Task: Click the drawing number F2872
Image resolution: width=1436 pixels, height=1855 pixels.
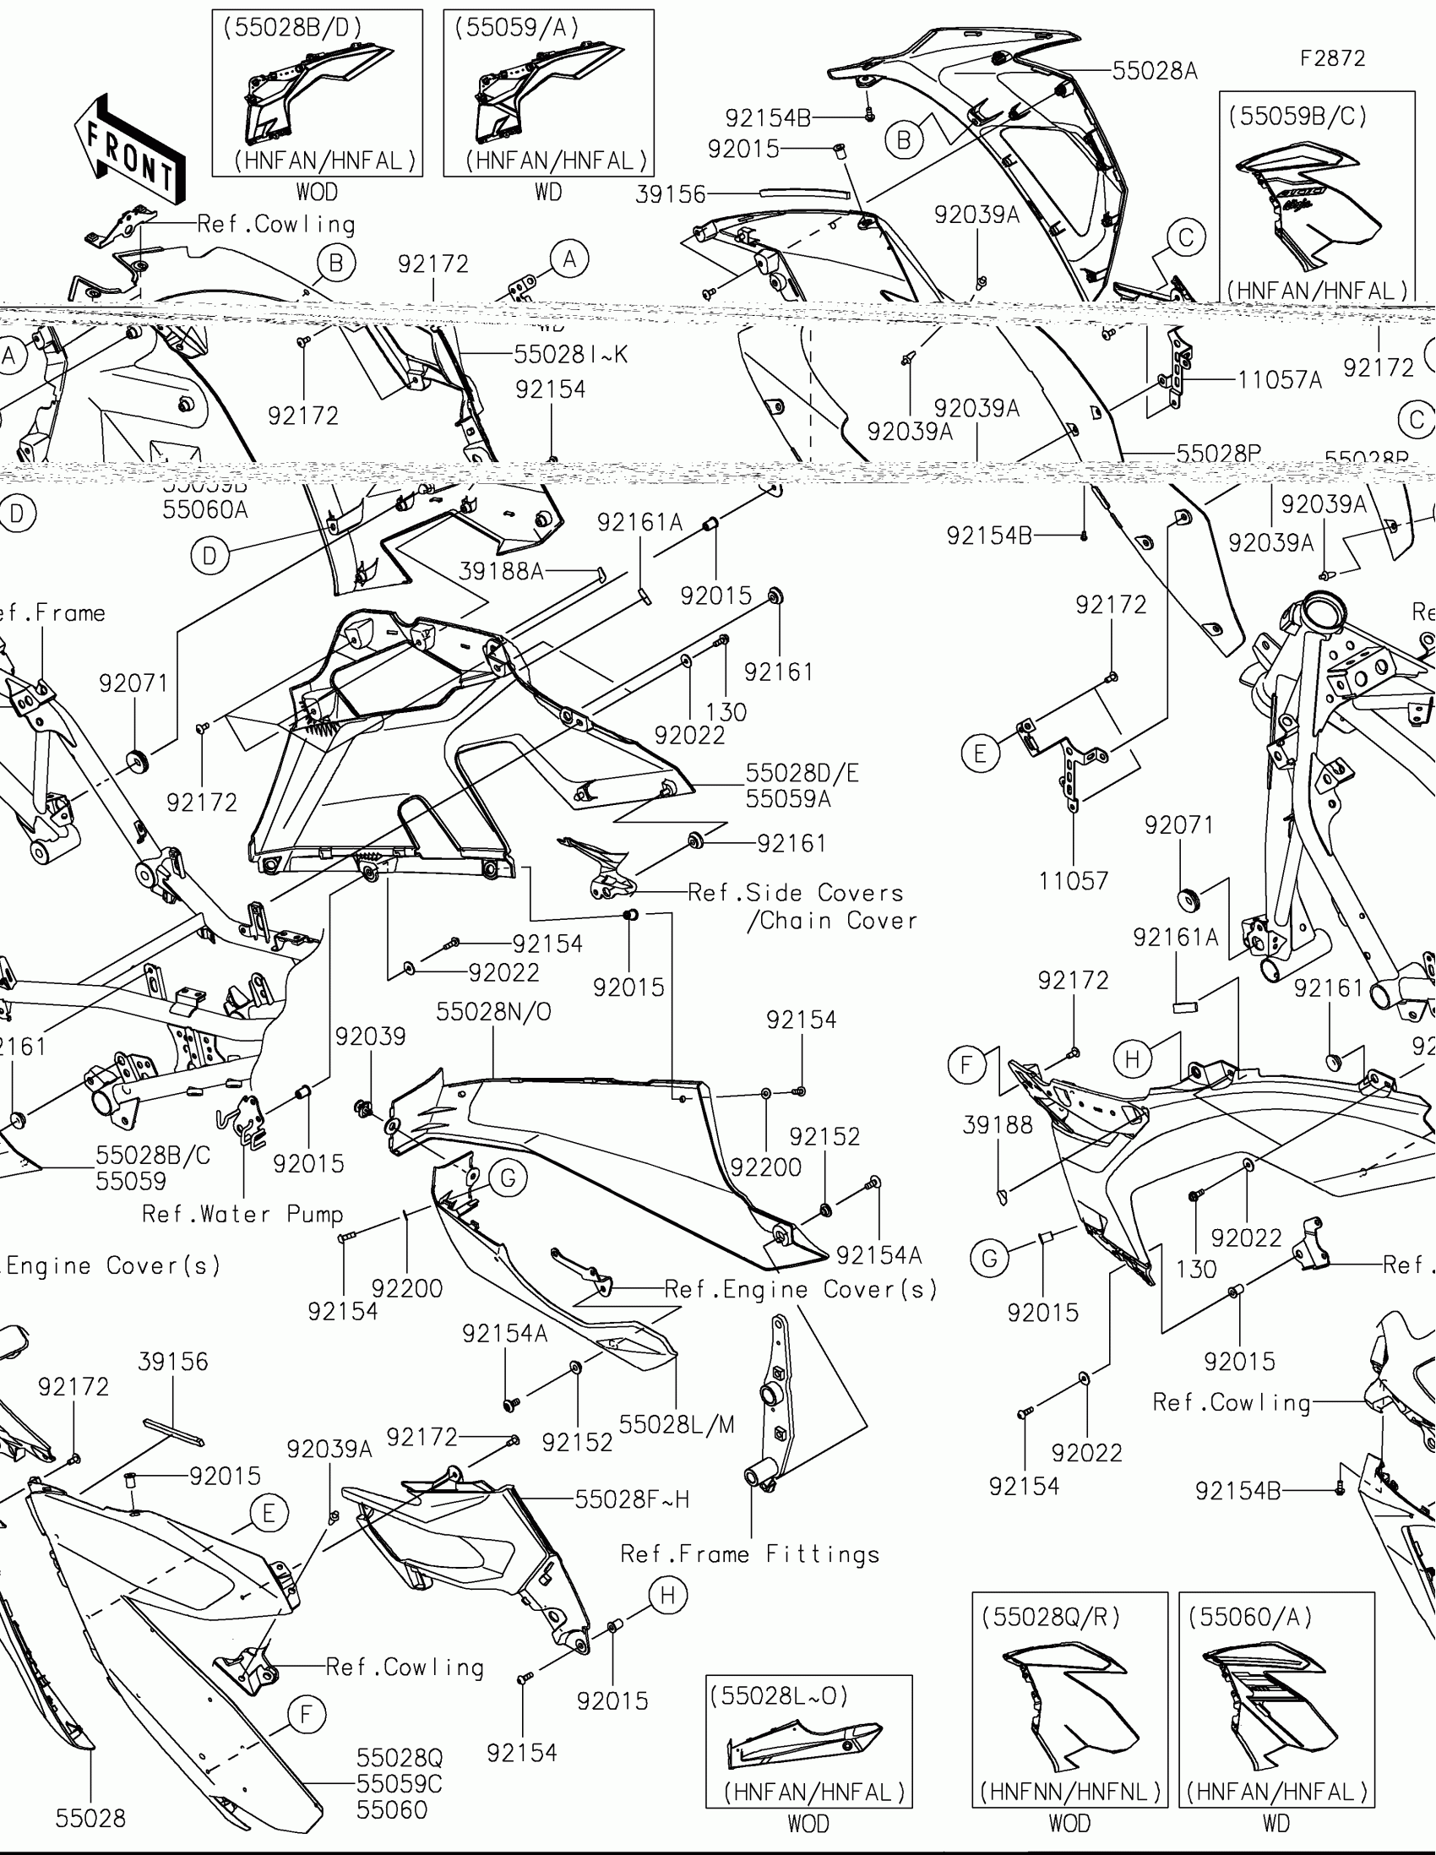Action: [x=1332, y=58]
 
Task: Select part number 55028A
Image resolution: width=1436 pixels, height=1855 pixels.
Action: [x=1154, y=71]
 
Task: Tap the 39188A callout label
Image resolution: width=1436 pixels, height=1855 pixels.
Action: [x=501, y=571]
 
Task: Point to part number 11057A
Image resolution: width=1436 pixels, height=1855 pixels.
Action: [x=1279, y=379]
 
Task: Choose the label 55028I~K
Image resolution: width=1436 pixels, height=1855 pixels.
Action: [x=571, y=354]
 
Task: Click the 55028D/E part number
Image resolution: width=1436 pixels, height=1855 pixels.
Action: [x=802, y=773]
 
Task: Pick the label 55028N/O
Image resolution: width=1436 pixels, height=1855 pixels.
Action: [x=493, y=1012]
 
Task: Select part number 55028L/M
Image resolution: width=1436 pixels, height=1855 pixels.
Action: [x=676, y=1424]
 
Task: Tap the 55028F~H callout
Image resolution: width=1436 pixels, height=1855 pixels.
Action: [x=632, y=1499]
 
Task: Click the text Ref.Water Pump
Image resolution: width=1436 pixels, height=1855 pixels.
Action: [x=242, y=1214]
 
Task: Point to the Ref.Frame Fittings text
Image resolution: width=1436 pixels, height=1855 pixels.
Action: [x=750, y=1554]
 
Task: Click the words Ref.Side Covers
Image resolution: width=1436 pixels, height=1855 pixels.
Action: [x=795, y=893]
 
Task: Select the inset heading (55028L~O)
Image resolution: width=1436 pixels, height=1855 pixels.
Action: [x=779, y=1695]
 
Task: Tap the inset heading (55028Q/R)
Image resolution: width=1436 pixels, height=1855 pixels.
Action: [x=1051, y=1617]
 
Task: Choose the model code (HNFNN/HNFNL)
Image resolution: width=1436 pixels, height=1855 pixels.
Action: [x=1070, y=1792]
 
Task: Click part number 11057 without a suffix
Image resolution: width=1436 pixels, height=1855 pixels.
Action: [x=1074, y=881]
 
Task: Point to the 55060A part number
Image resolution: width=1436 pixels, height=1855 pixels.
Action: [x=205, y=509]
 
